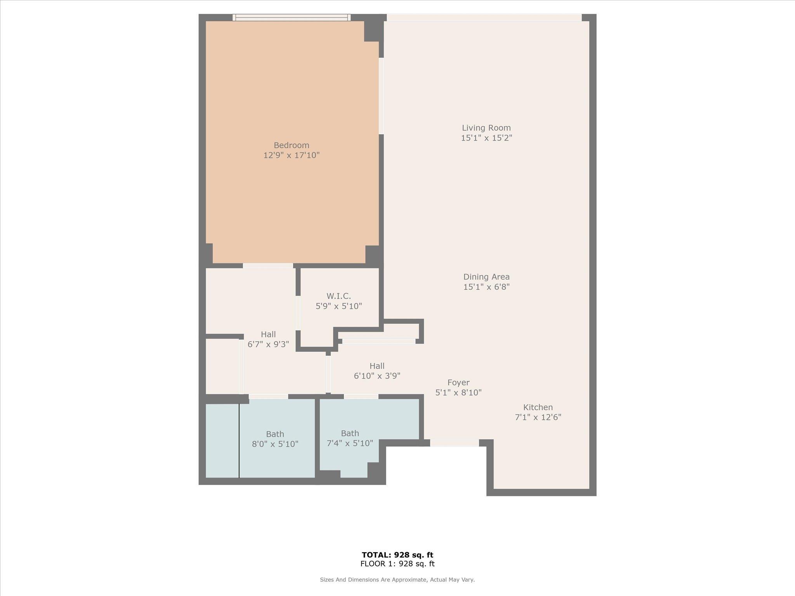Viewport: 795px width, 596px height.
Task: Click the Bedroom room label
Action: [x=291, y=145]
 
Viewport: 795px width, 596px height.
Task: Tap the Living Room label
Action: [x=486, y=128]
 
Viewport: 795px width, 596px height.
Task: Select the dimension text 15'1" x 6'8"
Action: [x=486, y=287]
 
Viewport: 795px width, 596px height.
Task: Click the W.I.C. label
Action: [x=338, y=296]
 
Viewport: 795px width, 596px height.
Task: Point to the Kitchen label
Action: [x=538, y=407]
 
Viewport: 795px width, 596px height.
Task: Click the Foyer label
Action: [x=458, y=383]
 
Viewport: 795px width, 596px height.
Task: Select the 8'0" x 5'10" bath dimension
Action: [x=275, y=444]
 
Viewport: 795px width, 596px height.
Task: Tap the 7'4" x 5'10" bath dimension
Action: [x=350, y=444]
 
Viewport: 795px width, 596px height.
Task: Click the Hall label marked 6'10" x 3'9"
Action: [x=377, y=366]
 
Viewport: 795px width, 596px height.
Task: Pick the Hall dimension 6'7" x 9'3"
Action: [x=268, y=345]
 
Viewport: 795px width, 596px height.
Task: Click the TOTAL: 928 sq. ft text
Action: [x=397, y=555]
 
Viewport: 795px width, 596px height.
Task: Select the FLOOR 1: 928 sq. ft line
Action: [x=397, y=564]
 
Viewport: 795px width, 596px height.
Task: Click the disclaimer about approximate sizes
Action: [x=397, y=580]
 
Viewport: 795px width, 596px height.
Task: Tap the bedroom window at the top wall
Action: [x=291, y=17]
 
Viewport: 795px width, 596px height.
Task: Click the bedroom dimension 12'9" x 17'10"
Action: [x=291, y=156]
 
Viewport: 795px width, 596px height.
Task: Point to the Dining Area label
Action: [x=486, y=277]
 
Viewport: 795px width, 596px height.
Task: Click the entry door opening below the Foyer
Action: [x=454, y=443]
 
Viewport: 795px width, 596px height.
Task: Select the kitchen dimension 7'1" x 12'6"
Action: [x=538, y=418]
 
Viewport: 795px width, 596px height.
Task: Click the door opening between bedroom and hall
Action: [x=268, y=266]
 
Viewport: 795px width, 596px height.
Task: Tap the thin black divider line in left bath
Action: [x=239, y=440]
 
